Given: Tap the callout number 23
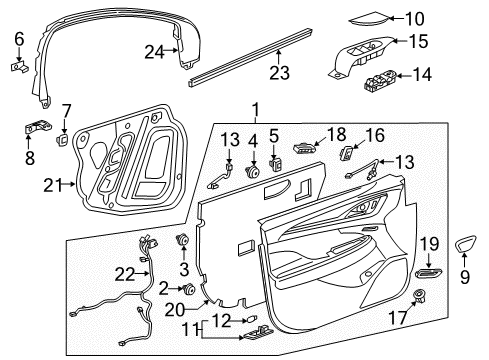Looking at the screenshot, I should point(281,71).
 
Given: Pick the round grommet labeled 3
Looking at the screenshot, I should point(183,240).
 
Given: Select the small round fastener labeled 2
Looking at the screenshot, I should point(187,289).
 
